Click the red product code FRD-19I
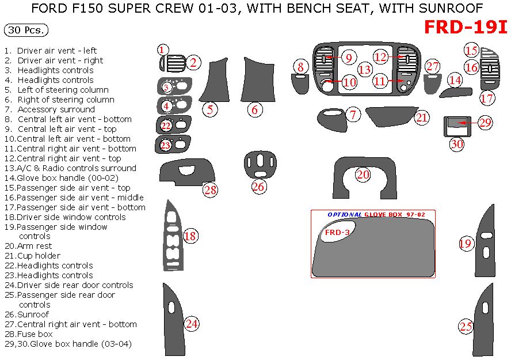(466, 27)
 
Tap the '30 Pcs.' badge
(26, 31)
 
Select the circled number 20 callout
(363, 175)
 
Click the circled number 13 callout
(365, 70)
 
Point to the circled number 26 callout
(258, 186)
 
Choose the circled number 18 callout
(190, 236)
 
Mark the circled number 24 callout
(192, 324)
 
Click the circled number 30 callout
(457, 144)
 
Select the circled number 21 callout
(422, 118)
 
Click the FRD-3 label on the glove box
(337, 233)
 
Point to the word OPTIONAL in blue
(345, 214)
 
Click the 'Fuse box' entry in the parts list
(35, 334)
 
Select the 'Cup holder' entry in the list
(39, 256)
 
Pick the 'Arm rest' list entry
(35, 246)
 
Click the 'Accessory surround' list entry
(56, 109)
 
